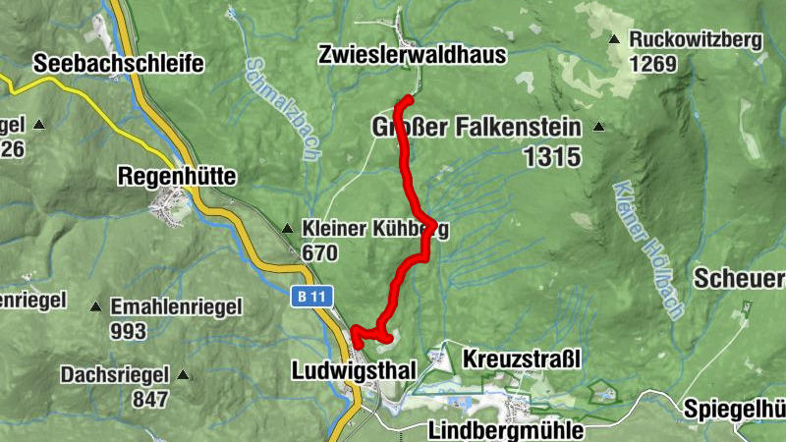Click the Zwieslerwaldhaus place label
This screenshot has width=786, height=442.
[x=412, y=55]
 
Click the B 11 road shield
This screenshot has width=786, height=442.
[x=311, y=296]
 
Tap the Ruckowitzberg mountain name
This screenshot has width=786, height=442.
[x=697, y=40]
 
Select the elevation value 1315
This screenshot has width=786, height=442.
[x=552, y=156]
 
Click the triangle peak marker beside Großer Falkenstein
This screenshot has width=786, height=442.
[x=598, y=128]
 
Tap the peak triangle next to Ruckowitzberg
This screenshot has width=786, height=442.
[x=614, y=40]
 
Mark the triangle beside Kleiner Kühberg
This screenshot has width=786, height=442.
[x=287, y=230]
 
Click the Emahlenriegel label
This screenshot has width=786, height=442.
[x=176, y=306]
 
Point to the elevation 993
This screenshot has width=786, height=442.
[x=129, y=332]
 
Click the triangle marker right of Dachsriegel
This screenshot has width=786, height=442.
[x=183, y=374]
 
